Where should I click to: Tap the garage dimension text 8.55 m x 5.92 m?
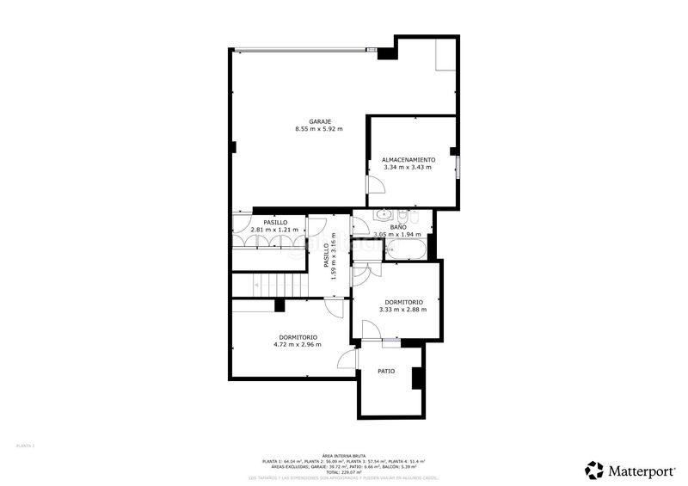(x=318, y=129)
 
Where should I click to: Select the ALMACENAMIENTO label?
(x=408, y=159)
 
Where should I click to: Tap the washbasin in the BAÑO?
(x=383, y=216)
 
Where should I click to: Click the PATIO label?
(x=386, y=372)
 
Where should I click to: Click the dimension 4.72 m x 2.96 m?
(x=298, y=345)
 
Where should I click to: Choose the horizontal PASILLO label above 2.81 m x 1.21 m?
(x=275, y=222)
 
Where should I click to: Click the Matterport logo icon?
(x=594, y=470)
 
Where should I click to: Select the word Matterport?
(x=641, y=471)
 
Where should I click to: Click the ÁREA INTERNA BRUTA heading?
(x=344, y=455)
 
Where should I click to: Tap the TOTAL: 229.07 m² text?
(x=344, y=472)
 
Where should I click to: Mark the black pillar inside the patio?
(x=417, y=378)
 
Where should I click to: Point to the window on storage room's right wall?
(x=458, y=167)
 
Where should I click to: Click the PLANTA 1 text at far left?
(x=26, y=446)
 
